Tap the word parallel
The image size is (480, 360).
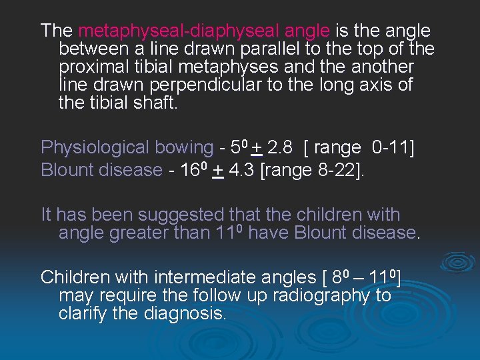[250, 49]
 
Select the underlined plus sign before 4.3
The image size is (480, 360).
[217, 170]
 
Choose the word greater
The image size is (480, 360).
[133, 233]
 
